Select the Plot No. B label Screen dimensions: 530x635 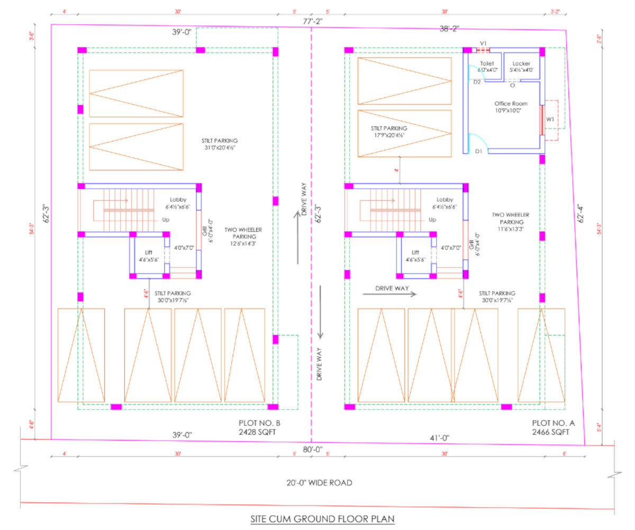coord(258,427)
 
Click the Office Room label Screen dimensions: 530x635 coord(511,107)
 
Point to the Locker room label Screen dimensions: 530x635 coord(521,66)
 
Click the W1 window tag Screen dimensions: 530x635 coord(550,120)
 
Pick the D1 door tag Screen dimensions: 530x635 coord(478,152)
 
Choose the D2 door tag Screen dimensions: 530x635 coord(477,82)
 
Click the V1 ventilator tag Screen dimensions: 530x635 coord(483,43)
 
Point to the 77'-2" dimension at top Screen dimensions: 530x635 coord(313,22)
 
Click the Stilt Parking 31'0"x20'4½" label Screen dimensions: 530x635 coord(220,144)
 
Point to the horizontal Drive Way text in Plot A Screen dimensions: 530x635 coord(389,289)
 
